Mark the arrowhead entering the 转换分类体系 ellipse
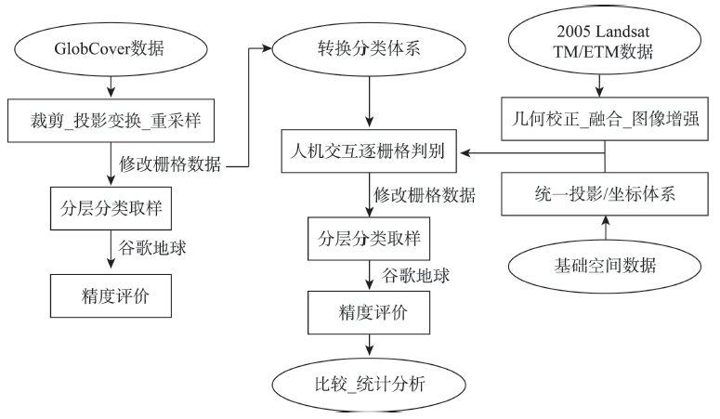click(x=268, y=48)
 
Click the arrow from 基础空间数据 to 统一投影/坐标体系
click(x=605, y=228)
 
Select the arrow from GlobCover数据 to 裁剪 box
click(x=111, y=87)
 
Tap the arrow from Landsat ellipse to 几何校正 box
click(x=599, y=85)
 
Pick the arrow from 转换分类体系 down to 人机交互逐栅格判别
click(x=369, y=102)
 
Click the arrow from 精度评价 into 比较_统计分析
click(x=369, y=345)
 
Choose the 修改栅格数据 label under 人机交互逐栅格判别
click(x=425, y=195)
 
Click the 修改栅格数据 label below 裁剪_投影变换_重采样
click(x=170, y=164)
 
